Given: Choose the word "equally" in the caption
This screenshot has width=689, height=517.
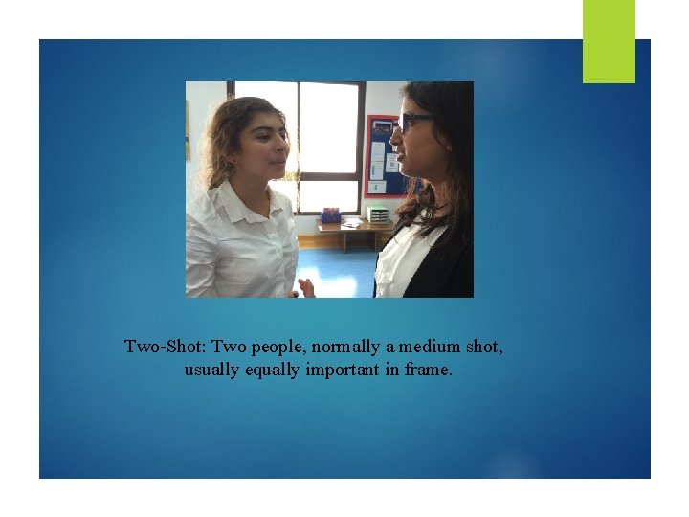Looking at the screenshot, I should point(272,369).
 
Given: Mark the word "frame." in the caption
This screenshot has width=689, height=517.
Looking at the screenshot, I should point(427,369).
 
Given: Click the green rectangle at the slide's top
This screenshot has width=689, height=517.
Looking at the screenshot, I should point(609,40).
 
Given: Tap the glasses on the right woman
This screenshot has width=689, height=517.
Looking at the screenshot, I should point(413,122).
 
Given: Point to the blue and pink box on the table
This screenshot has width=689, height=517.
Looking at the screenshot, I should point(331,214).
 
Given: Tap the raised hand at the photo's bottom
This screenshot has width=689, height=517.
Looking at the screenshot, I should point(306,287).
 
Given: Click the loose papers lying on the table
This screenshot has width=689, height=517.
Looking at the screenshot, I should point(352,222).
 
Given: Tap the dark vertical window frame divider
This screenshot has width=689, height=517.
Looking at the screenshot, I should point(297,144).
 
